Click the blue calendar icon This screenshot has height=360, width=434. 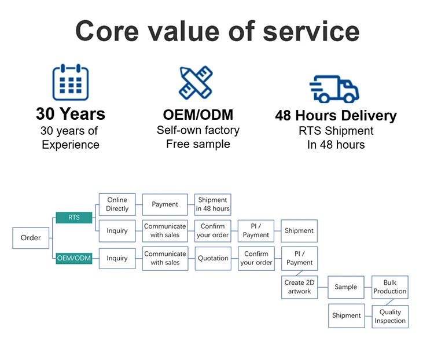coord(71,83)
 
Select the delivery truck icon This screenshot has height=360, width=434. coord(334,89)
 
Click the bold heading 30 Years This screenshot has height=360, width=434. coord(71,113)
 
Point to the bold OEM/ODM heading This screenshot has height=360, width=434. coord(198,114)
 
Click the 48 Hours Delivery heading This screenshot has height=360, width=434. coord(336,115)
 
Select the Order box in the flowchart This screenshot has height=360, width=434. coord(31,238)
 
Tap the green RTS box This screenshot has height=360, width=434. coord(73,218)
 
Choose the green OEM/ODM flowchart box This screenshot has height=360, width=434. coord(73,258)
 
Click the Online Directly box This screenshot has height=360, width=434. coord(117,204)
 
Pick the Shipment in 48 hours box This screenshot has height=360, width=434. coord(212,204)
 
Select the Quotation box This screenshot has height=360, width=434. coord(212,258)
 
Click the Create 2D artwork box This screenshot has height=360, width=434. coord(299,287)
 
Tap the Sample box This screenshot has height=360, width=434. coord(345,287)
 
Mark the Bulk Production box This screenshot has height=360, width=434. coord(389,287)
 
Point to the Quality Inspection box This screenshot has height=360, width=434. coord(389,316)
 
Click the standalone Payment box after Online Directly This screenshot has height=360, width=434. coord(165,204)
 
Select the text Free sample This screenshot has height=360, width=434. coord(198,144)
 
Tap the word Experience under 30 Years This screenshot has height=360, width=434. coord(71,145)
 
